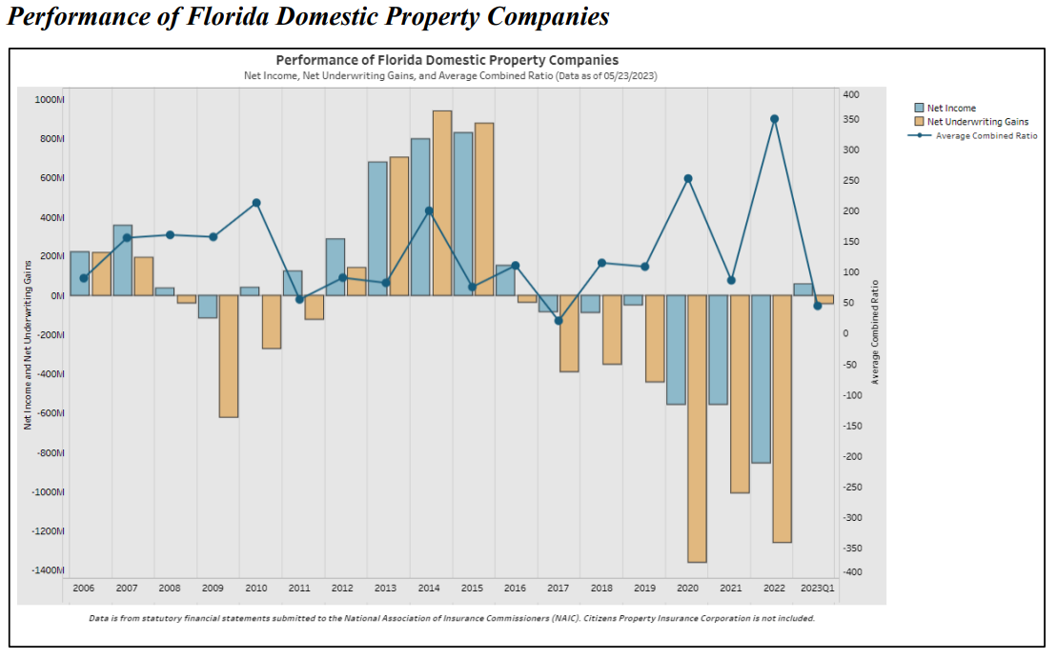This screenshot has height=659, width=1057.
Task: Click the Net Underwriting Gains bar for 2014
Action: coord(442,203)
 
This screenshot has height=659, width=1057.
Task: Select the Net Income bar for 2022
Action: coord(761,379)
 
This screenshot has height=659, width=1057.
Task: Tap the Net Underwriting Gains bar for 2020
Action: coord(697,429)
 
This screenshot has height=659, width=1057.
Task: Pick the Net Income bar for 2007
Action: coord(122,260)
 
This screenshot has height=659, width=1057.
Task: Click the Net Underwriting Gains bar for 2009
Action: coord(229,356)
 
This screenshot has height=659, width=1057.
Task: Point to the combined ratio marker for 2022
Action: coord(774,119)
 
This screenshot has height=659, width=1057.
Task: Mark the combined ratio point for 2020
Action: coord(688,178)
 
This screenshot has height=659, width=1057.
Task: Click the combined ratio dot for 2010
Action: coord(256,203)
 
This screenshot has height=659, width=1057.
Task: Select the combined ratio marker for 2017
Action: coord(559,320)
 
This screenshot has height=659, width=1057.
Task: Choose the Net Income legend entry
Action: coord(951,109)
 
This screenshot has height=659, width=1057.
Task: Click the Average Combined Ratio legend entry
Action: coord(986,135)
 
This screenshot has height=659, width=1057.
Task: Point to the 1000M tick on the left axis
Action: coord(49,99)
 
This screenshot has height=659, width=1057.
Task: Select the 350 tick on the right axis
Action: coord(851,119)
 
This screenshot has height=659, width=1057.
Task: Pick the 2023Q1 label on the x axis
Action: coord(817,589)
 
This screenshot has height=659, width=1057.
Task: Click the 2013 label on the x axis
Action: coord(385,589)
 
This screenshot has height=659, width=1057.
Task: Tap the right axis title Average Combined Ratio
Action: coord(875,331)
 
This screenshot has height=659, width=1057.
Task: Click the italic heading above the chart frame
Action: coord(308,17)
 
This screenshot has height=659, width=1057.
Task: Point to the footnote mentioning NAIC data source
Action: coord(451,618)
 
